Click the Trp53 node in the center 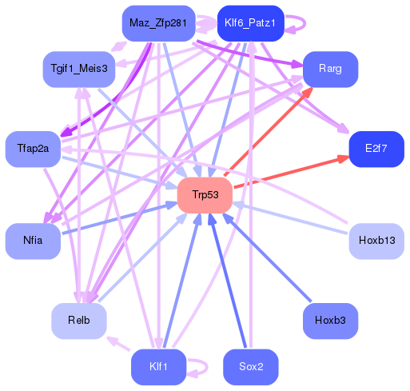205,195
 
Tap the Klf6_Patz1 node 250,23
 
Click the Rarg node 330,69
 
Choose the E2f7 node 376,149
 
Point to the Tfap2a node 33,149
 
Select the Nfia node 33,240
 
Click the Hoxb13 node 376,240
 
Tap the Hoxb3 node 330,320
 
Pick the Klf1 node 158,367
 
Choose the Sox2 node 250,367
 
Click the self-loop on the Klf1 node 200,368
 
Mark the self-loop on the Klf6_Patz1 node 297,23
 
